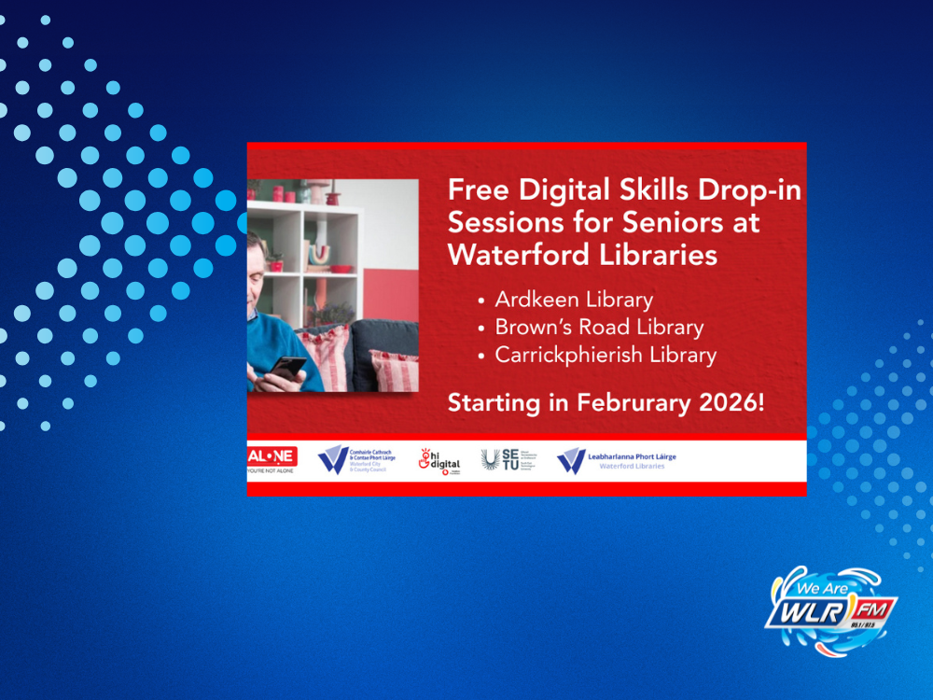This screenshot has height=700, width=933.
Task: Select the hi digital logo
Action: click(x=439, y=460)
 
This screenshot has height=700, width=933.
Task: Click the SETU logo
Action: click(x=501, y=459)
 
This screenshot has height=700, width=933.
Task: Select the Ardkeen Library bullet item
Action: click(x=574, y=300)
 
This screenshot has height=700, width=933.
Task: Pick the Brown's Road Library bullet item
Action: click(x=599, y=328)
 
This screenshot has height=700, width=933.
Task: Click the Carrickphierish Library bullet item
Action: click(x=606, y=356)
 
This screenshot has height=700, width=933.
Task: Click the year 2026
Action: click(x=728, y=404)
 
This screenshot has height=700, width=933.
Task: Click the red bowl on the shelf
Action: click(x=341, y=269)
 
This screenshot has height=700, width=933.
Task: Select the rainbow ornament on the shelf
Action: click(x=319, y=255)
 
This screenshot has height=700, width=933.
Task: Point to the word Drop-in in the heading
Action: click(x=747, y=190)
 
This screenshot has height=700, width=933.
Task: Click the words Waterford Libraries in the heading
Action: click(x=582, y=255)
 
